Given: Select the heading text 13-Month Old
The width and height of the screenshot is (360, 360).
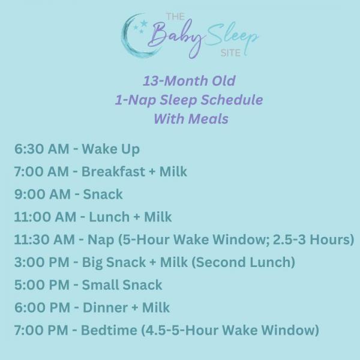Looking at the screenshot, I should click(x=189, y=81).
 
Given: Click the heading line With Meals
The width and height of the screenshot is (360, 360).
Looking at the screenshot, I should click(x=191, y=119).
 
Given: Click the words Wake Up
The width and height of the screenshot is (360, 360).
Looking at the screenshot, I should click(x=110, y=149).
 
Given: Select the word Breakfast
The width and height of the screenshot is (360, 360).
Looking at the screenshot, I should click(x=113, y=172).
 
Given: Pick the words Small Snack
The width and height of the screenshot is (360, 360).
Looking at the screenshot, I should click(x=122, y=285).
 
